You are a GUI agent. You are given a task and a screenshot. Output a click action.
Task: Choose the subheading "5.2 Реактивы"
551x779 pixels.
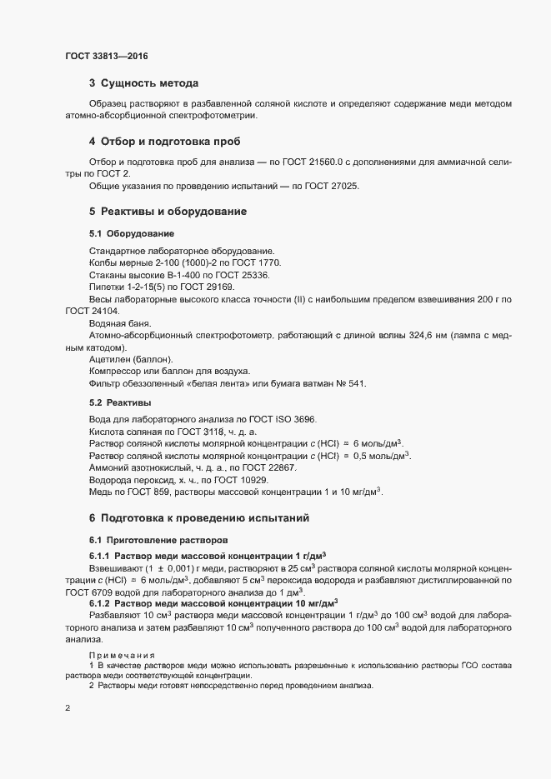tap(121, 402)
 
